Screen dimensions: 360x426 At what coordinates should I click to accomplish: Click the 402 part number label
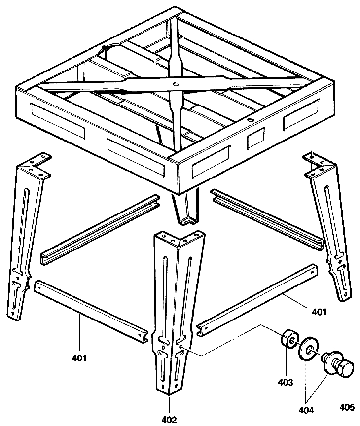tap(169, 420)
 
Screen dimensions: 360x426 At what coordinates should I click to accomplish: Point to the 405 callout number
tap(346, 407)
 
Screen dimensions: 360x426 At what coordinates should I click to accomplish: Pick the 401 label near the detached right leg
tap(319, 312)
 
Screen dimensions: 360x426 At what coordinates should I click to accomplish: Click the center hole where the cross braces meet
tap(176, 84)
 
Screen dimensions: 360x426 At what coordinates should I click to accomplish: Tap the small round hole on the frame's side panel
tap(251, 120)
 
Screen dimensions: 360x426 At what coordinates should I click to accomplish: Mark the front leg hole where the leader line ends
tap(183, 348)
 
